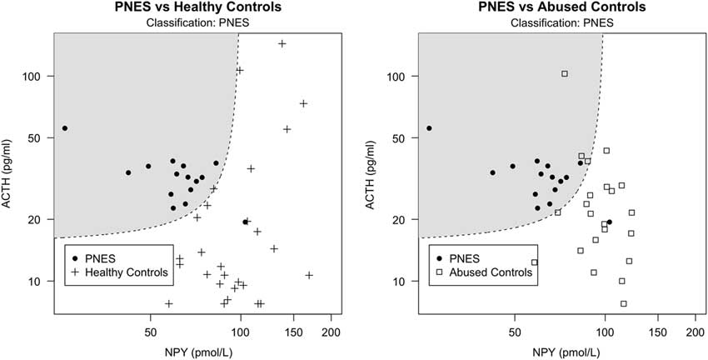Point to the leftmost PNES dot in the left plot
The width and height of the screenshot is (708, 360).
click(x=65, y=128)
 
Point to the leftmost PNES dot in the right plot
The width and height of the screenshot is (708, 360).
click(x=429, y=128)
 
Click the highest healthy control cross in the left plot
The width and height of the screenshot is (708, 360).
click(x=282, y=43)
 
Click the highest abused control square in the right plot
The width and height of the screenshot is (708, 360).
click(x=564, y=74)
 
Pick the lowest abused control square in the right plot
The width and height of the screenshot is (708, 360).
click(x=623, y=303)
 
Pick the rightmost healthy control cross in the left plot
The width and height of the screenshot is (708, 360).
click(x=309, y=275)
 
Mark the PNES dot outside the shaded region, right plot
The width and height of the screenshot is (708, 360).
click(x=609, y=222)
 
